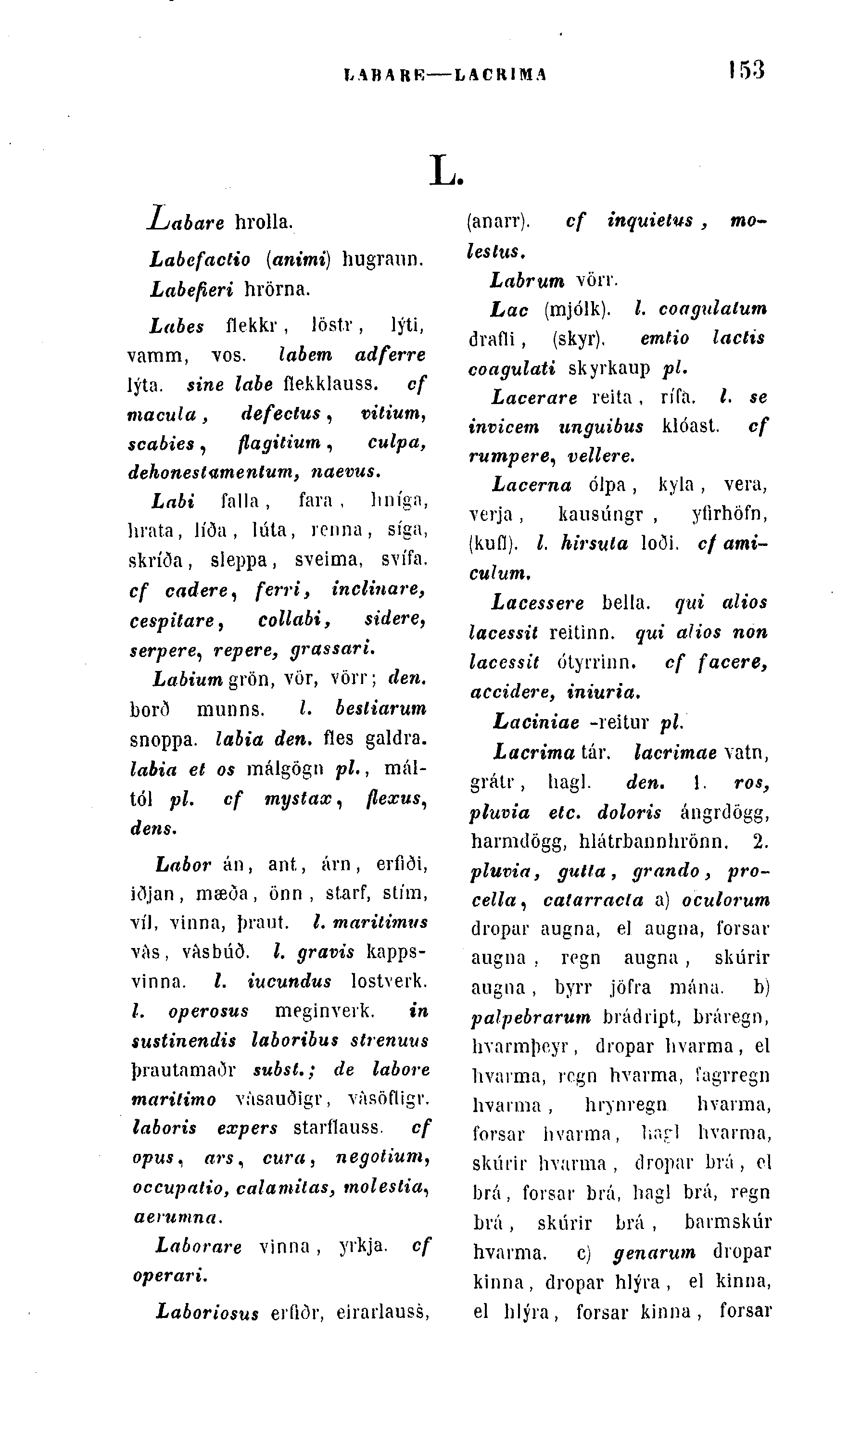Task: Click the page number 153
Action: click(747, 70)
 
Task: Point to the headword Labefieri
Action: click(191, 289)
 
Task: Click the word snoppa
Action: click(163, 740)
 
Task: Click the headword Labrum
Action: click(527, 281)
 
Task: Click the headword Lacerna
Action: click(532, 484)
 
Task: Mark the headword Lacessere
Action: click(538, 602)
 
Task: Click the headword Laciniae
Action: click(536, 722)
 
